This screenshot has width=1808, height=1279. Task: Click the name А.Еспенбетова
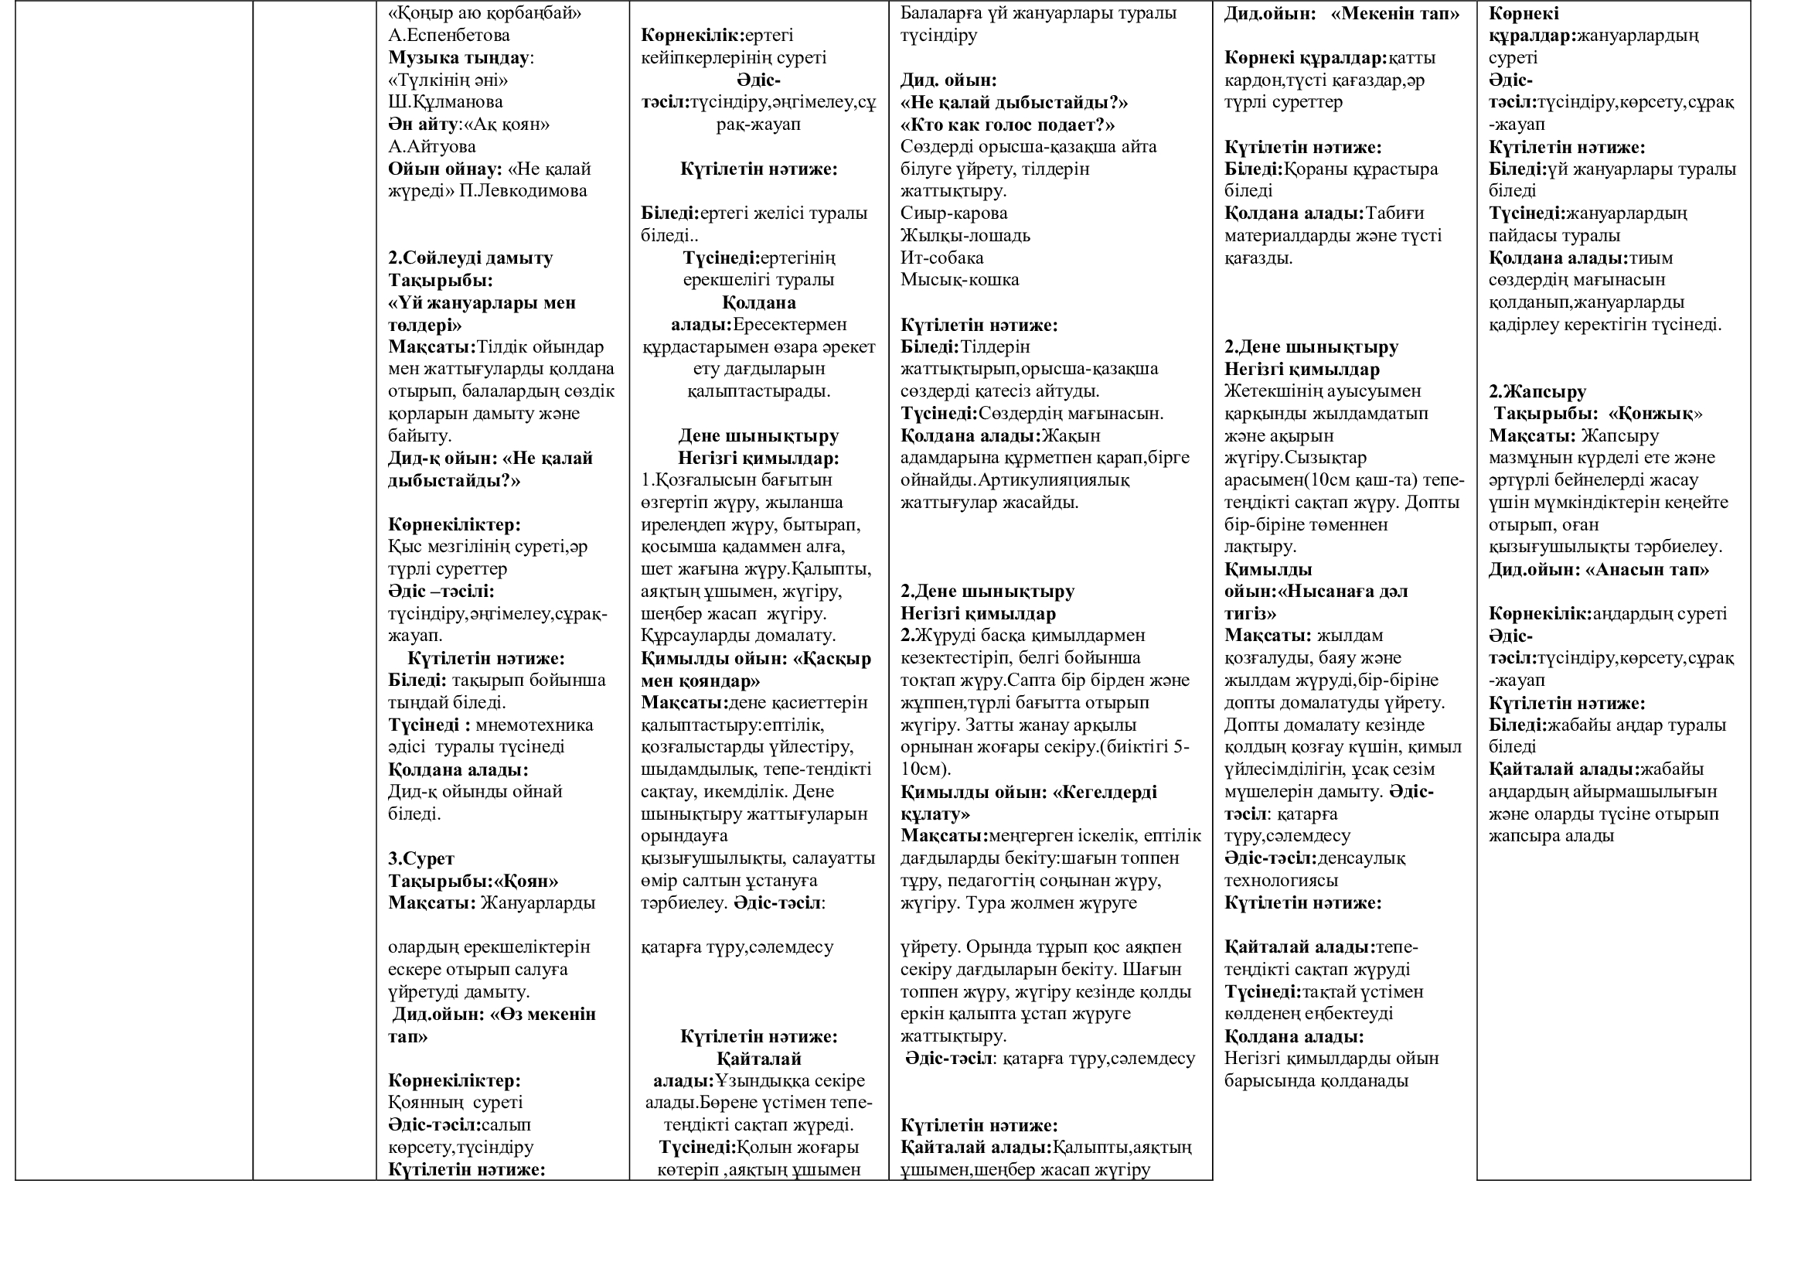[x=449, y=36]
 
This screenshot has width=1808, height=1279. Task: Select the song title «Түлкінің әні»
[x=448, y=80]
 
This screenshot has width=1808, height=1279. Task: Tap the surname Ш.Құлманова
[x=445, y=102]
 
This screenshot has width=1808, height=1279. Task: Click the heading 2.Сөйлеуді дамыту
[x=470, y=258]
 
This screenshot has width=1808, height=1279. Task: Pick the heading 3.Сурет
[x=421, y=859]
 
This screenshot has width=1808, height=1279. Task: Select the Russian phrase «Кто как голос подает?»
[x=1007, y=124]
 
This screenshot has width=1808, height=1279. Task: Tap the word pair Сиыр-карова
[x=954, y=213]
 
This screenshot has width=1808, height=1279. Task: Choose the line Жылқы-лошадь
[x=965, y=236]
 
